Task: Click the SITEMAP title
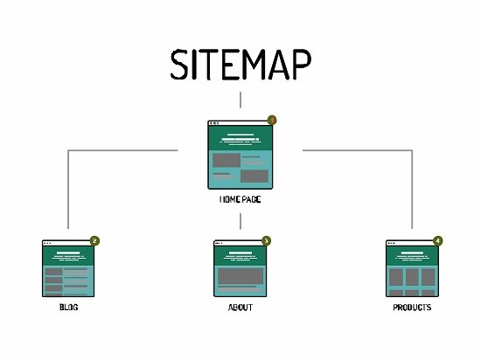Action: [240, 65]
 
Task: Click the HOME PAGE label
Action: [240, 199]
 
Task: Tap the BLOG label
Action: [69, 307]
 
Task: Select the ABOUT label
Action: [240, 308]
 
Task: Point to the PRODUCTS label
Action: [412, 308]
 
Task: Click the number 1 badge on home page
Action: [272, 120]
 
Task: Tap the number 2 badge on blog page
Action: [94, 241]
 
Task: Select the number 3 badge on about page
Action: [266, 241]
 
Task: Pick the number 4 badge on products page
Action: [438, 241]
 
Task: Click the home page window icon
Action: [240, 155]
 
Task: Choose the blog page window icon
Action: [68, 268]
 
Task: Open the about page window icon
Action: [240, 268]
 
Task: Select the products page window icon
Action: [412, 268]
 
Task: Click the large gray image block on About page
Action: [240, 276]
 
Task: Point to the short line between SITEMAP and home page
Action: [240, 100]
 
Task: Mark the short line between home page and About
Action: [240, 221]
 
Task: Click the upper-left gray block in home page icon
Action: [227, 160]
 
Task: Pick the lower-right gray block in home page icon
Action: [254, 177]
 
